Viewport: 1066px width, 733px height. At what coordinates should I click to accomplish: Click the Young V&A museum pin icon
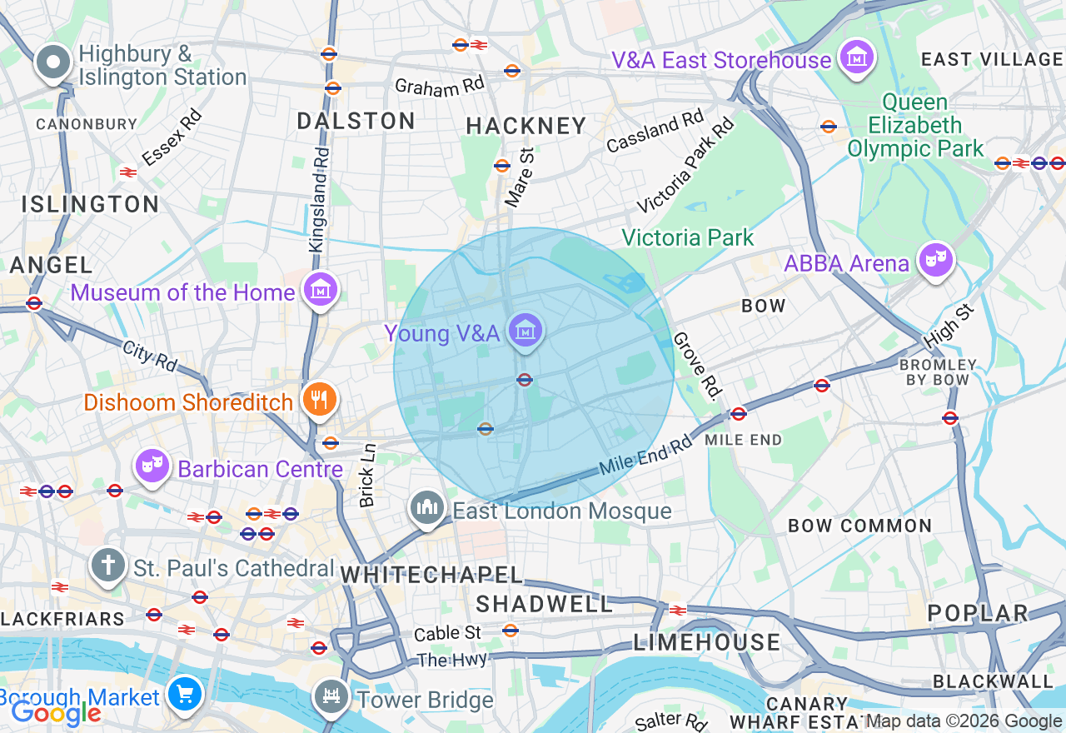point(526,331)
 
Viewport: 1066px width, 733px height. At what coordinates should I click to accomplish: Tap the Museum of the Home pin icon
point(321,290)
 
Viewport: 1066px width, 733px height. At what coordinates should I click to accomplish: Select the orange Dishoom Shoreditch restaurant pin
point(318,400)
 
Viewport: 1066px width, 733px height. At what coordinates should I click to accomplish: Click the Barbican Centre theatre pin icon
point(152,466)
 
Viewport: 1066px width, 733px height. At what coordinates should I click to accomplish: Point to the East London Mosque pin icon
point(427,507)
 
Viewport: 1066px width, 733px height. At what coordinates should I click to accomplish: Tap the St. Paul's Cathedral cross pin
point(107,566)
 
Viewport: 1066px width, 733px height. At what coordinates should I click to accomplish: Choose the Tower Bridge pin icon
point(331,697)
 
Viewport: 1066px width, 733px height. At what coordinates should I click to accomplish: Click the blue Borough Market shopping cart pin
point(183,694)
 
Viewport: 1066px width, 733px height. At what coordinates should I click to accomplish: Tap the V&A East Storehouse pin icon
point(857,57)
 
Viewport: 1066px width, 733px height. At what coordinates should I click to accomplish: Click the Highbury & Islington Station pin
point(54,62)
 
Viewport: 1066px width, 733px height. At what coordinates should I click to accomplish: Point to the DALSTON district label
point(356,122)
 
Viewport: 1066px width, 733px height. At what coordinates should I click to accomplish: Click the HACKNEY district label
point(526,127)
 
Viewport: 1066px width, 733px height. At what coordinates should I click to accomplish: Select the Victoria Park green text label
point(688,238)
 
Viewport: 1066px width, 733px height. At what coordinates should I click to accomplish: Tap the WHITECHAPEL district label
point(431,575)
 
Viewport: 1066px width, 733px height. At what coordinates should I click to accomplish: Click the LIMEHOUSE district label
point(707,642)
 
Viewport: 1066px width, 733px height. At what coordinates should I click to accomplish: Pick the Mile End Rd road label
point(645,457)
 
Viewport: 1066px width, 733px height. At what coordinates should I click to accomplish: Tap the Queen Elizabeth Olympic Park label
point(915,126)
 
